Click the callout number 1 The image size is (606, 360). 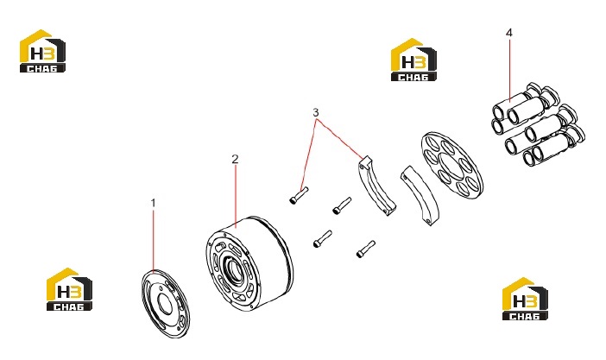point(153,203)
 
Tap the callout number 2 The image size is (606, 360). point(235,159)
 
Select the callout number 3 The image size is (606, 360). point(316,112)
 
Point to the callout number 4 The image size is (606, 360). point(509,33)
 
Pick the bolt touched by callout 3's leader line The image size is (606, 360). point(299,195)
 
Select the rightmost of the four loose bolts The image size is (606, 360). point(366,249)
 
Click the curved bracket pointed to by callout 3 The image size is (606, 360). point(376,186)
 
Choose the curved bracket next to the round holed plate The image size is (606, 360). point(420,194)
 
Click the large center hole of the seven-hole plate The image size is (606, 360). point(451,166)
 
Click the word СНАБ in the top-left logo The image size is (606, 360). point(42,68)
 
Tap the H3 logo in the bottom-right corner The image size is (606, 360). point(525,299)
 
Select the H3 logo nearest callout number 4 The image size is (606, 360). point(413,60)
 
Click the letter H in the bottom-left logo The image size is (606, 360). point(62,291)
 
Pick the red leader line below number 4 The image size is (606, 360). point(510,70)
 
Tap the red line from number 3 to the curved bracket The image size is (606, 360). point(340,139)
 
